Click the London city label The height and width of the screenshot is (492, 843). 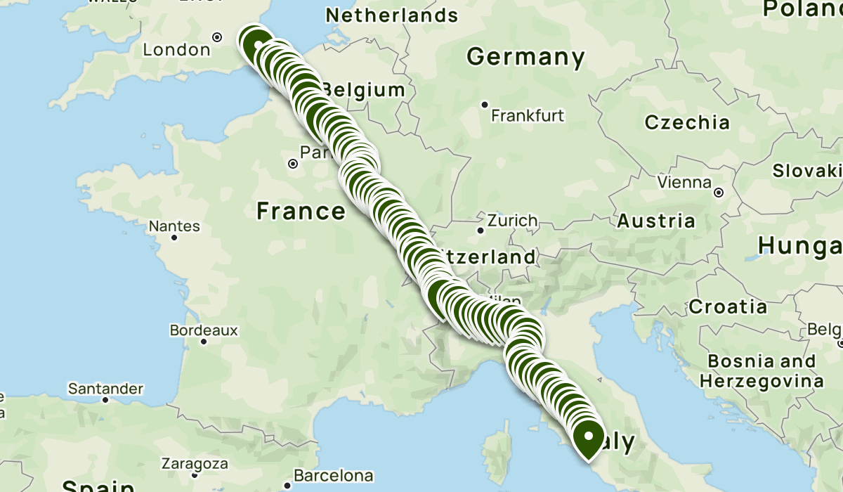point(176,50)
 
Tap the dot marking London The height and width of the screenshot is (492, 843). point(217,37)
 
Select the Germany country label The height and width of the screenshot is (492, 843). point(525,57)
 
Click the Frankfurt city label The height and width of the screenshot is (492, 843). point(528,116)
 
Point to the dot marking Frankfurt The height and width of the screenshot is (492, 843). point(485,105)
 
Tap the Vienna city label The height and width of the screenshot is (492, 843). point(685,183)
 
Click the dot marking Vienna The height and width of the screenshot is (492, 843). point(719,192)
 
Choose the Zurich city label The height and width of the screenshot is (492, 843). point(512,221)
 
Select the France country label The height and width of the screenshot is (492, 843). point(301,210)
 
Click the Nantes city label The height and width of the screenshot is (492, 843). point(174,226)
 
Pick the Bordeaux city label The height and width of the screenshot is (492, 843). point(204,330)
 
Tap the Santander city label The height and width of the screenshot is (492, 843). point(106,389)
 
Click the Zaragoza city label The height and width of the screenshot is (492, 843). point(195,464)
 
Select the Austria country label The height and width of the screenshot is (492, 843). point(656,221)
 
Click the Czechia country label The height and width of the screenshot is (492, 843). point(688,122)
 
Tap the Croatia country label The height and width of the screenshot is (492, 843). point(728,306)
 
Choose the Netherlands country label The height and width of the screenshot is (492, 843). point(392,15)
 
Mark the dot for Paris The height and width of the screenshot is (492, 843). point(293,163)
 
